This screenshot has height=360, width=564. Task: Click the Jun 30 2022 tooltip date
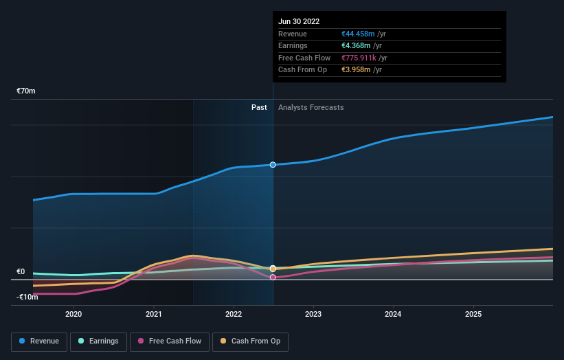point(299,22)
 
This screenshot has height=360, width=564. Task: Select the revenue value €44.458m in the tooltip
point(359,34)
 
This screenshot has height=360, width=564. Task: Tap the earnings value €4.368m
point(357,46)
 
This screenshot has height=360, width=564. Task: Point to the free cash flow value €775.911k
point(360,58)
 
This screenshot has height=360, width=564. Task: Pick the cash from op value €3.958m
point(357,70)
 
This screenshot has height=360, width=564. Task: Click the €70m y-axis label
point(26,91)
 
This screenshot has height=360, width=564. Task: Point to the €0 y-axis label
point(21,272)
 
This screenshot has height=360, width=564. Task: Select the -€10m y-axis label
point(27,297)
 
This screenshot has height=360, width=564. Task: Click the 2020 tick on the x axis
point(74,314)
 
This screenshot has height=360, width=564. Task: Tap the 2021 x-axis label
point(154,314)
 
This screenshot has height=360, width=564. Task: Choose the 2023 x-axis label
point(313,314)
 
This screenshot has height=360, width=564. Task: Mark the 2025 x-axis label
point(473,314)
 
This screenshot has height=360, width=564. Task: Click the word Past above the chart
point(259,107)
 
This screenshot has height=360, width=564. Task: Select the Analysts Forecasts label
point(311,107)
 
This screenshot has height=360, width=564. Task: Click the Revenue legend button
point(39,341)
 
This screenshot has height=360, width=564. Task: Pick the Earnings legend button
point(98,341)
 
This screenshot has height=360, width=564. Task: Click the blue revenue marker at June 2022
point(273,165)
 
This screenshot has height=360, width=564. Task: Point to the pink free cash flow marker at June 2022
point(273,278)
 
